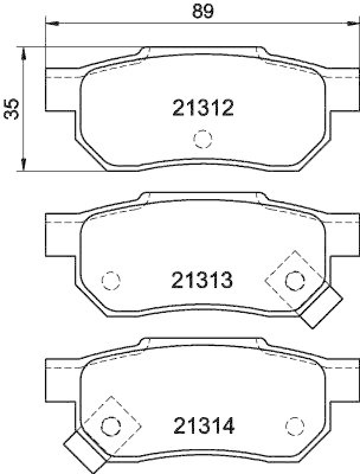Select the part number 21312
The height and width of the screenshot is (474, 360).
pyautogui.click(x=204, y=107)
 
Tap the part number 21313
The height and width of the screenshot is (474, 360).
pyautogui.click(x=201, y=280)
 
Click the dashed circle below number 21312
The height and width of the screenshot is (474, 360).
pyautogui.click(x=202, y=139)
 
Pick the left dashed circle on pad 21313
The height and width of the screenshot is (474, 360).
pyautogui.click(x=111, y=280)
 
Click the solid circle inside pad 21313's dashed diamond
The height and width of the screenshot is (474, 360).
pyautogui.click(x=294, y=280)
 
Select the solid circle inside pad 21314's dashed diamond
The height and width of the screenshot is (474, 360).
pyautogui.click(x=111, y=425)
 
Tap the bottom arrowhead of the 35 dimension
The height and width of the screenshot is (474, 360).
pyautogui.click(x=24, y=166)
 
